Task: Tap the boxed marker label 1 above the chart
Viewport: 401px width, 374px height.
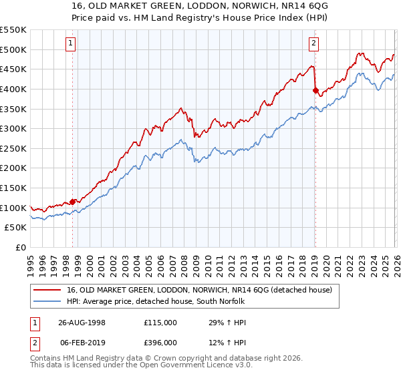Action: point(72,44)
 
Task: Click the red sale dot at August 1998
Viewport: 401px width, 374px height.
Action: point(73,202)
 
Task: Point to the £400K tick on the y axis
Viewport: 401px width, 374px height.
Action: point(15,89)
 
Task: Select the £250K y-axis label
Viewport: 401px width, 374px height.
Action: point(15,148)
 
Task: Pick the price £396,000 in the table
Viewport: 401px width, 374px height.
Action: point(160,343)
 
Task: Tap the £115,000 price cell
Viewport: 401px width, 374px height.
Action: point(160,323)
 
